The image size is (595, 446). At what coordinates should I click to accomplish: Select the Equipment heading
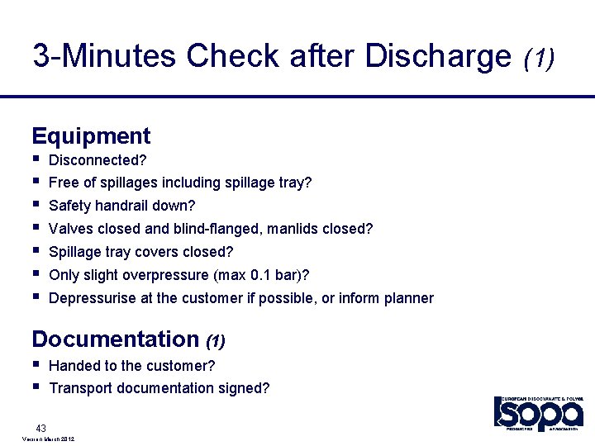click(91, 136)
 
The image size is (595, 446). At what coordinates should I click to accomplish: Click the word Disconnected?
click(92, 159)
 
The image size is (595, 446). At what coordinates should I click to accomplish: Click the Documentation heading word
click(115, 339)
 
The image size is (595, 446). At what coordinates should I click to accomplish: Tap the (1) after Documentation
click(215, 340)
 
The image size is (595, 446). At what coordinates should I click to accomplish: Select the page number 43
click(40, 427)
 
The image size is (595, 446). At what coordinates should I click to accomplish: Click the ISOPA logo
click(538, 412)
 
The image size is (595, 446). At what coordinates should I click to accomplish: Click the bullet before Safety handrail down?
click(36, 204)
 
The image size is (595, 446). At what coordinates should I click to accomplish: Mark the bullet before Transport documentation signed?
click(36, 387)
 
